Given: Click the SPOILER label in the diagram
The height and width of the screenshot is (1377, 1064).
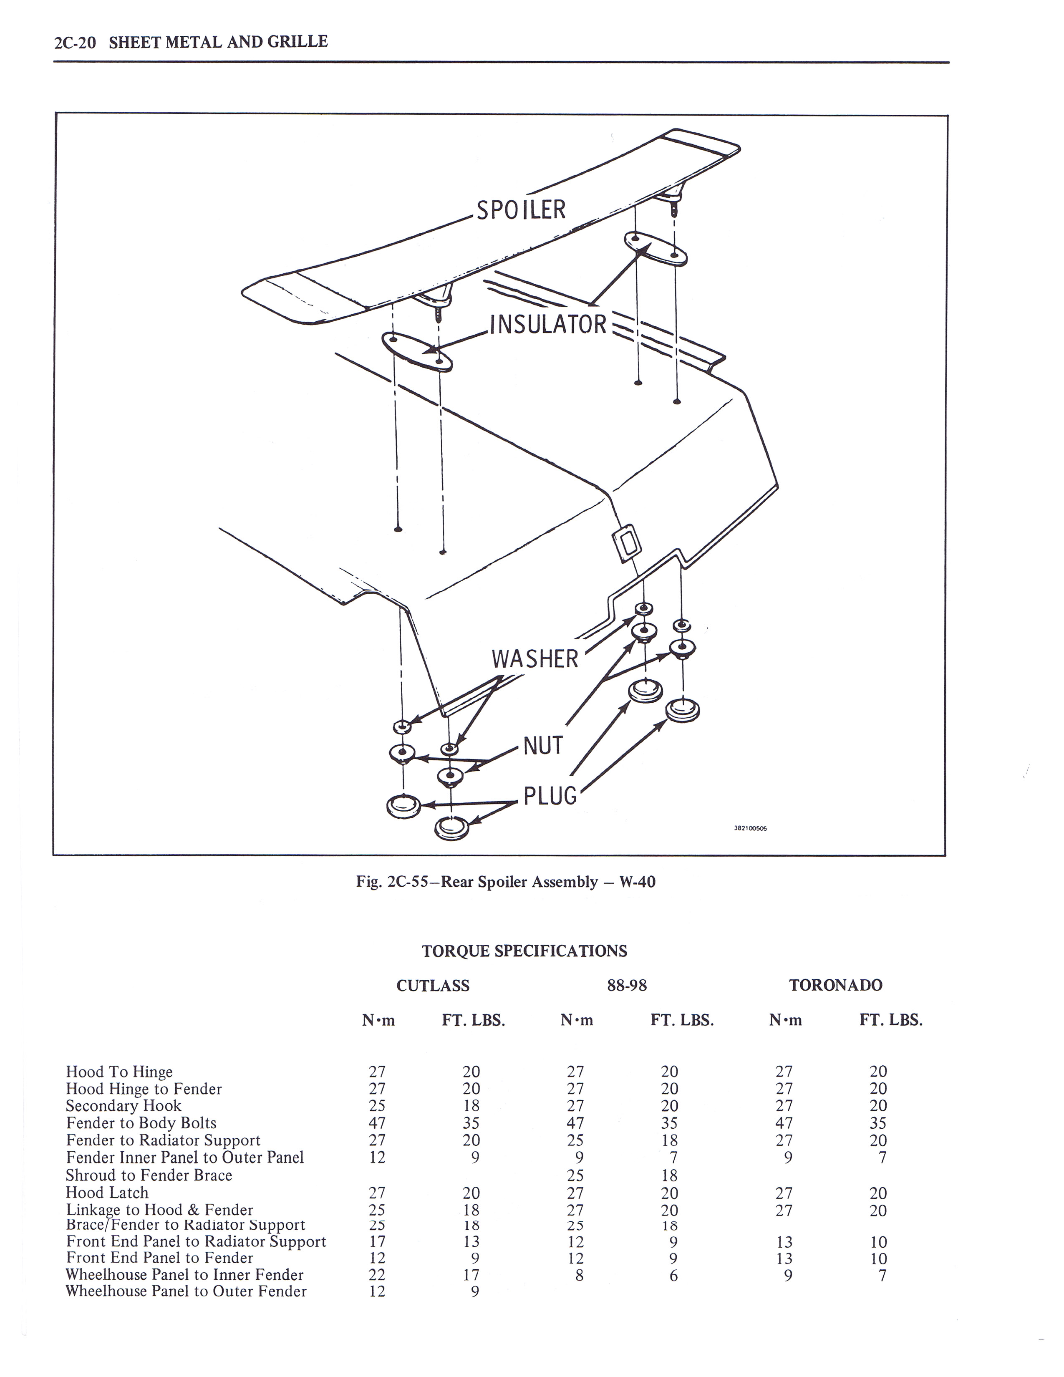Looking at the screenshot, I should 521,210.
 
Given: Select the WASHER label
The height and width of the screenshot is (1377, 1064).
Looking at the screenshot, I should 535,659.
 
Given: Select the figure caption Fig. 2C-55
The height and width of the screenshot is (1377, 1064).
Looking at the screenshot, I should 506,881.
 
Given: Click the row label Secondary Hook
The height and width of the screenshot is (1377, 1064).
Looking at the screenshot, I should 124,1106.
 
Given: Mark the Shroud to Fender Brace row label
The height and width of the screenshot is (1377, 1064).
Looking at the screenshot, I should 149,1175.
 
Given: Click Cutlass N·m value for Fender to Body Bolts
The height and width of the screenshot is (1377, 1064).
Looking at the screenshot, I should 377,1123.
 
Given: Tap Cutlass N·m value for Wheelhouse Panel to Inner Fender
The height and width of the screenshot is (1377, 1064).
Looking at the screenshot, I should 377,1274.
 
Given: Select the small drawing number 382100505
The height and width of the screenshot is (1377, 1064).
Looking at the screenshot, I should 750,829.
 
